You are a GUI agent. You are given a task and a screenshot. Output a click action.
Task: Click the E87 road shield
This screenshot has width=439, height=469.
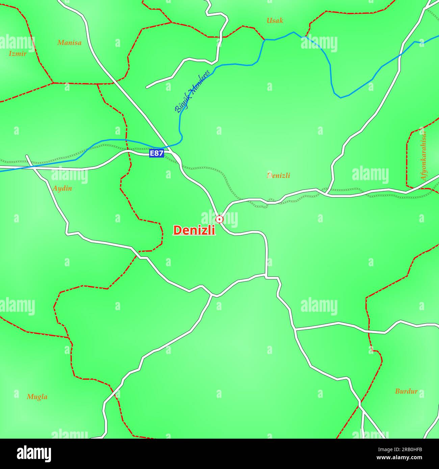pos(156,154)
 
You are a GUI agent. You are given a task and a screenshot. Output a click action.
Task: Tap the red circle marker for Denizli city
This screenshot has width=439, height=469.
pos(219,219)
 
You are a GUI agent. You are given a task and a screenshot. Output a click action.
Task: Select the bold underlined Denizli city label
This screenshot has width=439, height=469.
pos(194,230)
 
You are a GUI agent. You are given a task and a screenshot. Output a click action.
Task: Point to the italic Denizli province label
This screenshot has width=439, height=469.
pos(278,175)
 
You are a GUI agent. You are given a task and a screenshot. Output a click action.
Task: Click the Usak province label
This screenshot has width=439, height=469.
pos(275,21)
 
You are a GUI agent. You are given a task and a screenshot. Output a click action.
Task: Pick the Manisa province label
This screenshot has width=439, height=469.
pos(69,43)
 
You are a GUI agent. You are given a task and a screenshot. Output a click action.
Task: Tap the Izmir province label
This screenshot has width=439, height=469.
pos(18,53)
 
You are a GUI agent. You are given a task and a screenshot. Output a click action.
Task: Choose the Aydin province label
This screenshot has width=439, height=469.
pos(62,188)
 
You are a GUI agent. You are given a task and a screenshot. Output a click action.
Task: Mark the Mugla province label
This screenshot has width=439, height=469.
pos(37,397)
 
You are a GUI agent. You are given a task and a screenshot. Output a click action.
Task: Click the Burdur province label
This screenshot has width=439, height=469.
pos(406,391)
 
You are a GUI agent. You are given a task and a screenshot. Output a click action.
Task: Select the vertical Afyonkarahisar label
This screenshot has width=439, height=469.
pos(423,155)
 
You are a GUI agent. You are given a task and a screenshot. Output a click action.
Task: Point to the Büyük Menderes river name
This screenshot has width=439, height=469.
pos(192,91)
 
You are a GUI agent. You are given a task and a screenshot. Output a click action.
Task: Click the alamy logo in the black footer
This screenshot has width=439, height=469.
pos(34,453)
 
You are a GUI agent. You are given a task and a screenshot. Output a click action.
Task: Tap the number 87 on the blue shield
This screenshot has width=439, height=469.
pos(159,154)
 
